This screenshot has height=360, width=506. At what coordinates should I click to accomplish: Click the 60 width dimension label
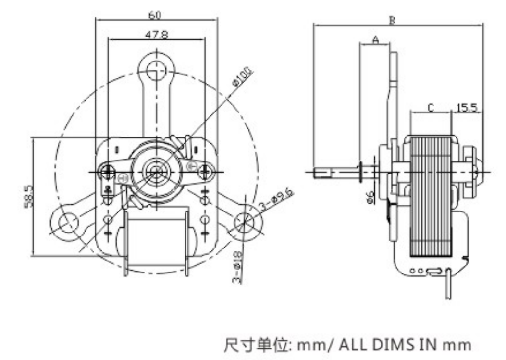[x=154, y=15]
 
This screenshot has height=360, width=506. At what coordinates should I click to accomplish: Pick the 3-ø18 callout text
[x=238, y=267]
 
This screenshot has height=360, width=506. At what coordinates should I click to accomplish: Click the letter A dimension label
[x=376, y=39]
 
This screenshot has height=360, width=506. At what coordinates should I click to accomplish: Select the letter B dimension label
[x=392, y=20]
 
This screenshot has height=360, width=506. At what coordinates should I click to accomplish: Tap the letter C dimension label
[x=431, y=107]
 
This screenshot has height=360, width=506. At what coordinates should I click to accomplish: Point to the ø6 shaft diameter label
[x=370, y=197]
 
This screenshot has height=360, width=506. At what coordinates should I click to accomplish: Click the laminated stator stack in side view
[x=431, y=195]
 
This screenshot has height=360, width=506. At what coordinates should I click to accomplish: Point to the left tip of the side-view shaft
[x=316, y=171]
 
